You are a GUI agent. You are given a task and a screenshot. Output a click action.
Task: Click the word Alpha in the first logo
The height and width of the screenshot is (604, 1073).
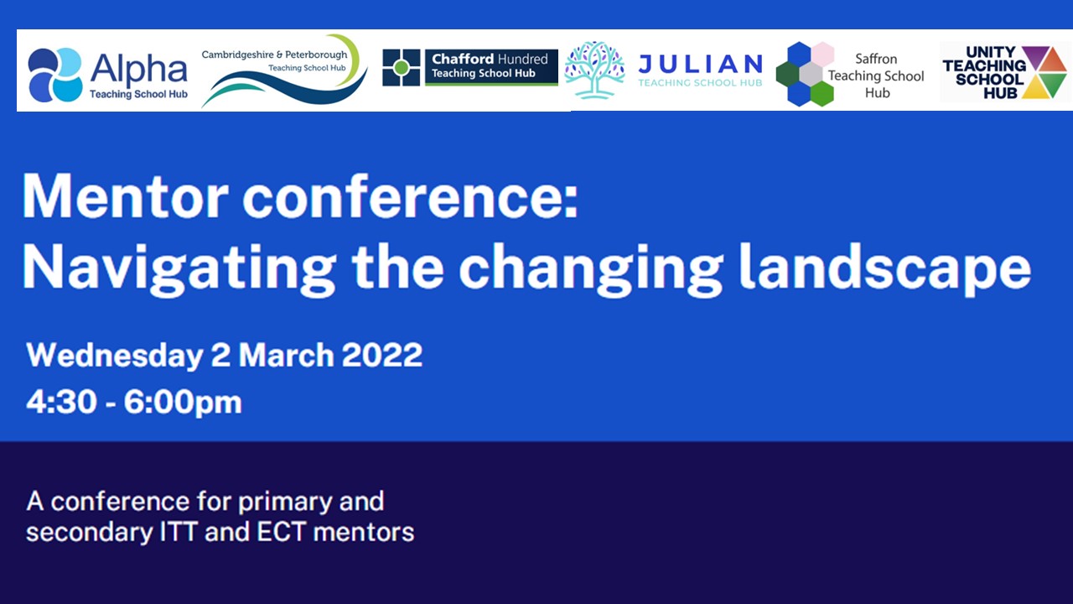tap(139, 69)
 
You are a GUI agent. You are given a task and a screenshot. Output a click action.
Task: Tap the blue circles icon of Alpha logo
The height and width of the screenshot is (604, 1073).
tap(54, 75)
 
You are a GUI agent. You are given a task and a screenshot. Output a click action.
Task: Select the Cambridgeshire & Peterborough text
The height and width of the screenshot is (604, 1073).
tap(274, 55)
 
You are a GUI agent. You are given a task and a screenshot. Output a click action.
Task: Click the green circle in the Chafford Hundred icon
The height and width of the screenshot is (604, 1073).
tap(402, 68)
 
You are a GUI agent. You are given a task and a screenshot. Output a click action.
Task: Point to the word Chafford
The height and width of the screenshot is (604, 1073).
tap(463, 59)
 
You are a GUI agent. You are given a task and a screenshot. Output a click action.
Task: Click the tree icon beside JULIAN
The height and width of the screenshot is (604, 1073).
tap(594, 70)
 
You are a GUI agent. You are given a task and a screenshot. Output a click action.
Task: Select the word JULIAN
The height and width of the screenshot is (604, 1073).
tap(700, 65)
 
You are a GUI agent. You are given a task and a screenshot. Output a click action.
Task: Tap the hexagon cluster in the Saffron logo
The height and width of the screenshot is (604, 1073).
tap(806, 74)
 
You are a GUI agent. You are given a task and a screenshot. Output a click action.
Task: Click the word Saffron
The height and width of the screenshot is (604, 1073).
tap(876, 59)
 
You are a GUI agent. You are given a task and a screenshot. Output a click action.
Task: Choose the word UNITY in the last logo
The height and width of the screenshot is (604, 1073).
tap(990, 52)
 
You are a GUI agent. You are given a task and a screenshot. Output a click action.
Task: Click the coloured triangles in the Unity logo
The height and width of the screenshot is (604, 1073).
tap(1044, 72)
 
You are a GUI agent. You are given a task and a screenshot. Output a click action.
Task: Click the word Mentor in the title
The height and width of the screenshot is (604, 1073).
tap(125, 197)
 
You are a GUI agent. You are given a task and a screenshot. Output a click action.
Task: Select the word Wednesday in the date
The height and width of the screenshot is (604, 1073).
tap(115, 355)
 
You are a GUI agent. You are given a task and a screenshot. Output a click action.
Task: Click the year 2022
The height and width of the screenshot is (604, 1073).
tap(382, 355)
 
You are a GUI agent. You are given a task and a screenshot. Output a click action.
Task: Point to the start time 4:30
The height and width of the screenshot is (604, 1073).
tap(61, 401)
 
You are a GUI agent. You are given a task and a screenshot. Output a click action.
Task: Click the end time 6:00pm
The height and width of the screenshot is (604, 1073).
tap(183, 403)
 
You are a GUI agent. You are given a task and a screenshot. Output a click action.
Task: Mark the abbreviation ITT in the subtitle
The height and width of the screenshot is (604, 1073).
tap(178, 532)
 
